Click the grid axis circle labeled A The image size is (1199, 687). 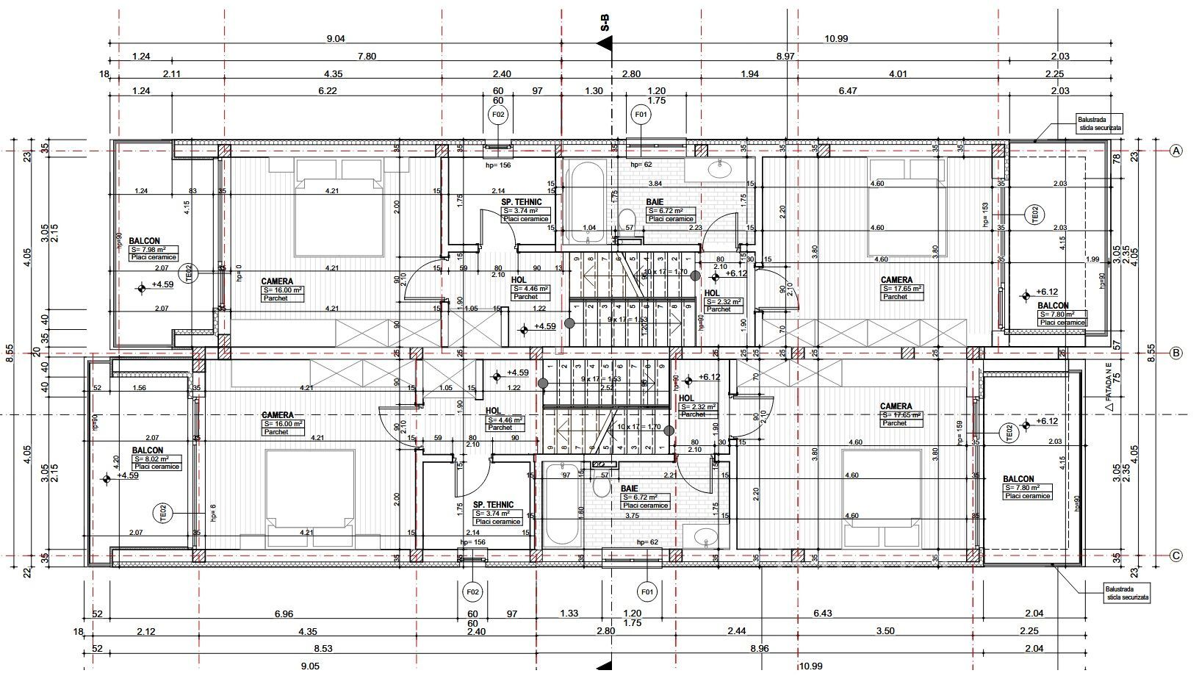1175,151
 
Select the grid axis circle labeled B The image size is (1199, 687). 1175,353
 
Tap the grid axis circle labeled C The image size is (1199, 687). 1175,555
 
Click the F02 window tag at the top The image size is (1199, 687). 497,114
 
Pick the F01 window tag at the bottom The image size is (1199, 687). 647,591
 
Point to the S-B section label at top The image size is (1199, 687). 605,23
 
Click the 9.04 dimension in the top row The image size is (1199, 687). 335,39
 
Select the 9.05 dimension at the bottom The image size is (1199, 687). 309,666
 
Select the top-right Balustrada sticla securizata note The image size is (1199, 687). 1099,123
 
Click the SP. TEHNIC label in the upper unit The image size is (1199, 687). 522,201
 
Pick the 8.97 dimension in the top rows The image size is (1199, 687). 785,57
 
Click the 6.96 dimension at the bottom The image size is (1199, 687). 283,614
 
